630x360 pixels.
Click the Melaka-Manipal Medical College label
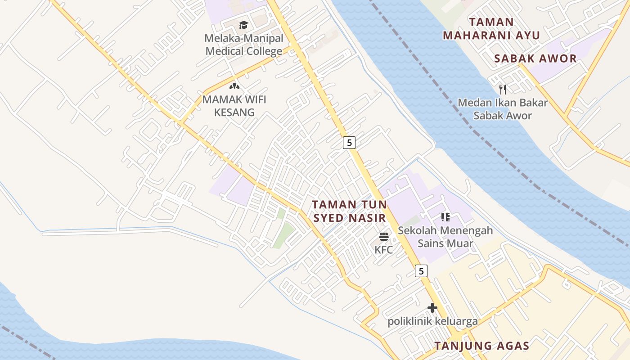(244, 45)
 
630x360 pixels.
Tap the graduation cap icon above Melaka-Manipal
(243, 25)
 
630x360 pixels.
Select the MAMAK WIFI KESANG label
(234, 106)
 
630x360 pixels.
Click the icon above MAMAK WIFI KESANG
(234, 85)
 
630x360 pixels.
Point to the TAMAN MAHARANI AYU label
(491, 28)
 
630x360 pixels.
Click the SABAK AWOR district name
(535, 58)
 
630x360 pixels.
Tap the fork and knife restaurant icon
(503, 89)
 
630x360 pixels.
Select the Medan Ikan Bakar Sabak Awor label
(503, 109)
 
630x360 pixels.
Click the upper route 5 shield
(349, 143)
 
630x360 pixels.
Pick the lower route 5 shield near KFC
(421, 271)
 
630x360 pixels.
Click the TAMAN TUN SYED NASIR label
(350, 211)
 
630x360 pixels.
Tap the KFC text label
(384, 249)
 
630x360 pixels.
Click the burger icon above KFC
(384, 237)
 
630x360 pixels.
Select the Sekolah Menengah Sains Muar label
(445, 237)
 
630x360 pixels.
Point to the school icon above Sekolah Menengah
(445, 218)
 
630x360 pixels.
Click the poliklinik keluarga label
(432, 321)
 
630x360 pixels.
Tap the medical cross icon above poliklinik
(432, 308)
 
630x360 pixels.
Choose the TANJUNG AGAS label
(481, 346)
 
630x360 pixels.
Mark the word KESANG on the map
(234, 112)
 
